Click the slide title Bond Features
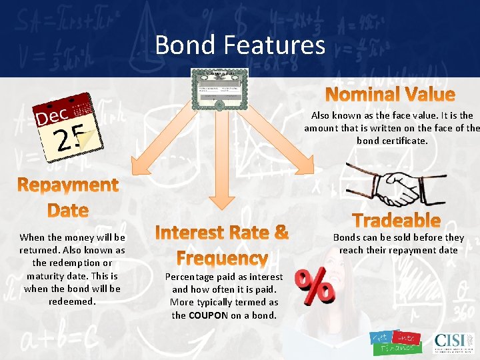(240, 45)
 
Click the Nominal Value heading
(390, 95)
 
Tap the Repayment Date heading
(69, 197)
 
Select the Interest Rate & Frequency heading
(221, 245)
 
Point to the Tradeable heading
(396, 220)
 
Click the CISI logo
(453, 341)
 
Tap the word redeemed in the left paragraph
(72, 301)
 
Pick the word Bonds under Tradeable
(347, 237)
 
